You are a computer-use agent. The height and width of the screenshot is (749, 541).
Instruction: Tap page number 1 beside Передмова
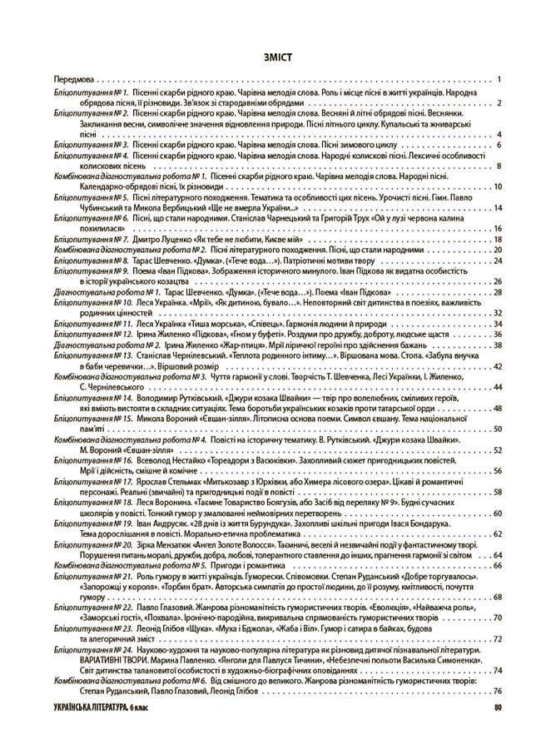point(497,80)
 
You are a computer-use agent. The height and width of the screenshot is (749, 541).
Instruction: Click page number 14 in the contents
point(496,209)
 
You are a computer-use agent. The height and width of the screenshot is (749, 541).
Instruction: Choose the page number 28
point(496,292)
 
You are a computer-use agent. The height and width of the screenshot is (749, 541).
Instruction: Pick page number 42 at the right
point(496,365)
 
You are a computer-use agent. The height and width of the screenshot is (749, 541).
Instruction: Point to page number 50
point(496,429)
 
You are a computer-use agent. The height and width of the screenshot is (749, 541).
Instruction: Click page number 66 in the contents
point(496,565)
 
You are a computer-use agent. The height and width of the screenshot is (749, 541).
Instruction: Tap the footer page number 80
point(497,707)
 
